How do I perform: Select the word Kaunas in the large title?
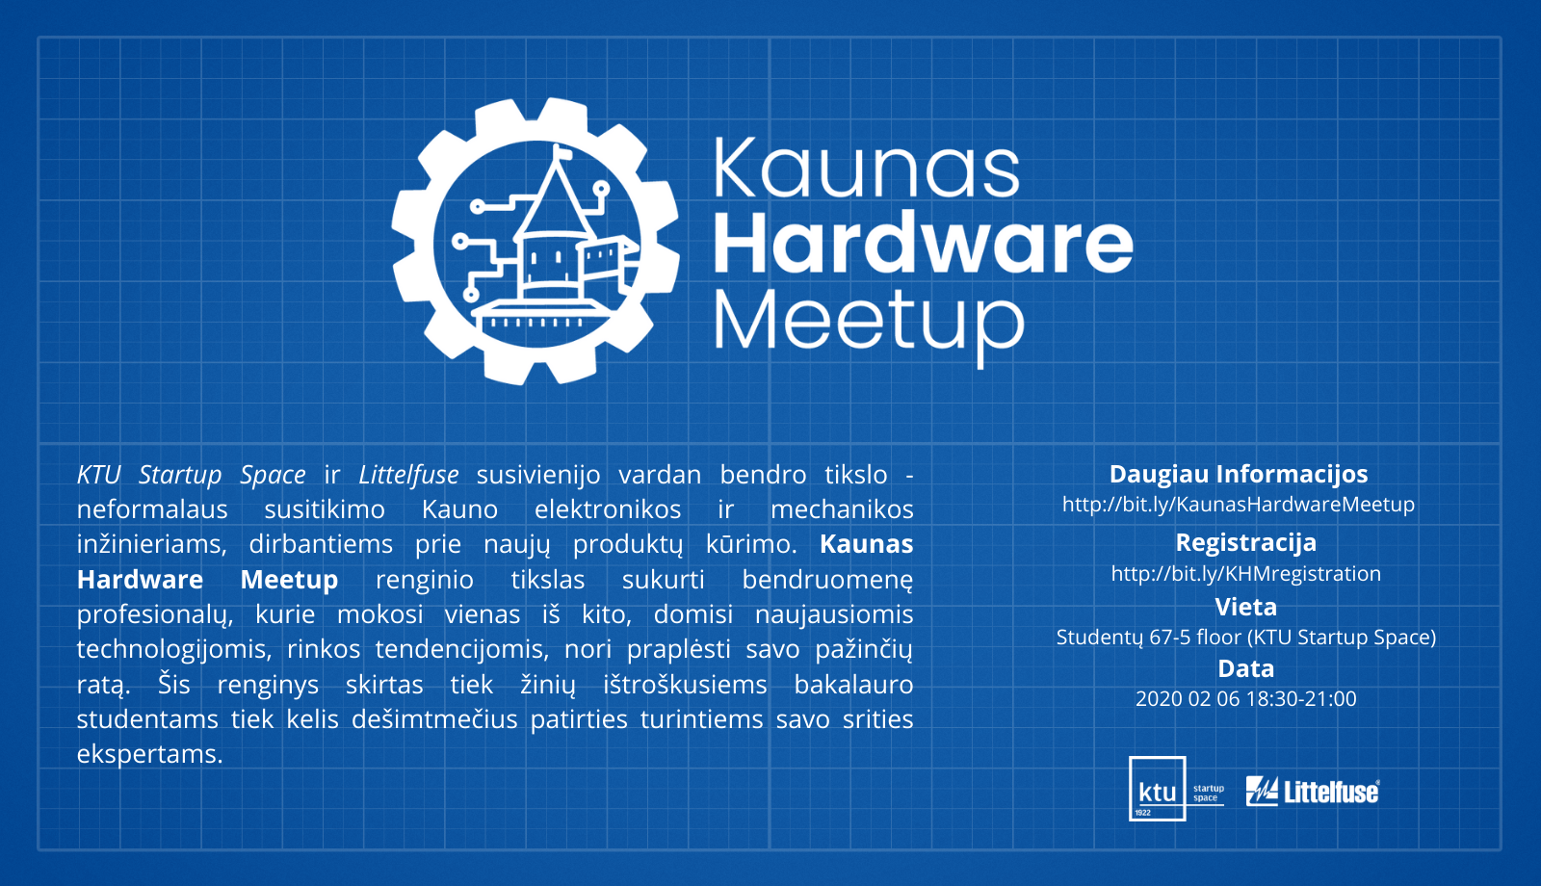pos(866,168)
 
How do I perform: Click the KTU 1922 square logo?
pos(1157,789)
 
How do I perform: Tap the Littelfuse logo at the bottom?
pos(1313,791)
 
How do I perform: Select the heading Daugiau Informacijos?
pos(1239,474)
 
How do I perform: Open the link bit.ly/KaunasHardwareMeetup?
pos(1239,505)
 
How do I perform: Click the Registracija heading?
pos(1246,543)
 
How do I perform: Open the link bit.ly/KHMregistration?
pos(1246,574)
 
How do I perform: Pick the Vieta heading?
pos(1246,607)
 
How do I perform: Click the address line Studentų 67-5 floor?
pos(1246,638)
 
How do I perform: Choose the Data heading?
pos(1246,668)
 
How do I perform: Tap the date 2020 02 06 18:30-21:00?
pos(1246,699)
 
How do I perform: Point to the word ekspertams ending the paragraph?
pos(149,755)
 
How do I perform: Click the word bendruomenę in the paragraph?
pos(827,580)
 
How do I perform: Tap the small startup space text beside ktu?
pos(1209,794)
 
